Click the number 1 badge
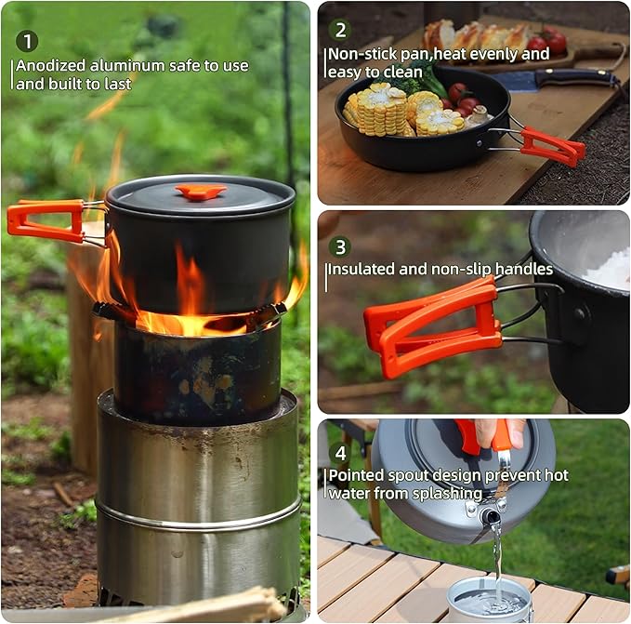pos(28,41)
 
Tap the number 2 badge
pos(340,30)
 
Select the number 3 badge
pos(340,246)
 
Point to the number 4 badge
pos(340,454)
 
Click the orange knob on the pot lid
pos(201,192)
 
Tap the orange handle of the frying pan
pos(552,146)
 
